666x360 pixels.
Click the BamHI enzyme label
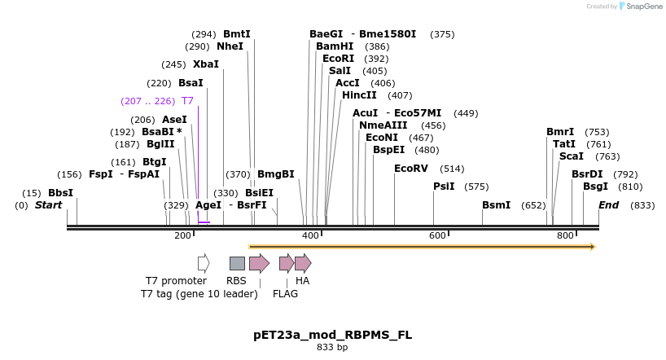click(x=335, y=46)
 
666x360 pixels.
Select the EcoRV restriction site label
click(x=410, y=169)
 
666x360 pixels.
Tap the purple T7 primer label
click(x=187, y=101)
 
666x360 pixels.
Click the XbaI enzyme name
click(x=206, y=64)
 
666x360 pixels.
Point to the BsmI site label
click(x=496, y=205)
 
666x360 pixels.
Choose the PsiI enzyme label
click(x=444, y=187)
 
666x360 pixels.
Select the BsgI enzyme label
click(x=595, y=187)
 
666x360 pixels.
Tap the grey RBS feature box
click(x=237, y=263)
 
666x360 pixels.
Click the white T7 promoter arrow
click(x=204, y=263)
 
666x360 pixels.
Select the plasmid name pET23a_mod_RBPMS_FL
click(x=332, y=335)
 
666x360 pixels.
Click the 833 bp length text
click(x=332, y=348)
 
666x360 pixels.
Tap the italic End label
click(x=609, y=205)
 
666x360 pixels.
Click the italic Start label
click(x=48, y=205)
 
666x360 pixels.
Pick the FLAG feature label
click(x=285, y=294)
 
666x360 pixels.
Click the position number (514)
click(x=452, y=169)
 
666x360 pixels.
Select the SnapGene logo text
click(x=642, y=7)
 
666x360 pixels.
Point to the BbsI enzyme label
click(x=60, y=193)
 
